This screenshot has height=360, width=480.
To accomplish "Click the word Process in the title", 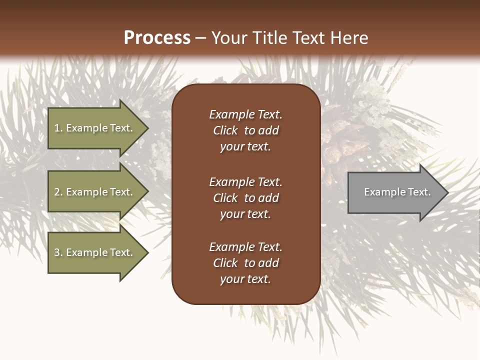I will [x=157, y=38].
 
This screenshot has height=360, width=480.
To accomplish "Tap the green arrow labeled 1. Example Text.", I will [x=95, y=128].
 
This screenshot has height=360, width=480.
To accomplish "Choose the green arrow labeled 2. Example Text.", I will [x=95, y=192].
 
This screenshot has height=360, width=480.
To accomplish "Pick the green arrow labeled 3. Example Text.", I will [x=95, y=252].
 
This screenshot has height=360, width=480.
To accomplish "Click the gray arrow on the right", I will [x=395, y=192].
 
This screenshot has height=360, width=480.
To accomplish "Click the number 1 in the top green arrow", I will [x=57, y=128].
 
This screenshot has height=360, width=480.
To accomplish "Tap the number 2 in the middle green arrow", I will [x=57, y=192].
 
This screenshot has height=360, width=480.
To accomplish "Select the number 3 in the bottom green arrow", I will [x=57, y=252].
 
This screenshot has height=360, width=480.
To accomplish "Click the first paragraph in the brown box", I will [x=245, y=130].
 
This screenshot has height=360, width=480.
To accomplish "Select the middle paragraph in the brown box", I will [x=245, y=198].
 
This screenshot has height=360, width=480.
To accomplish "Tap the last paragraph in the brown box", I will [x=245, y=263].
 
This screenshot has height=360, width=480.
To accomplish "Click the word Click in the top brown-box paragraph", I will [x=225, y=130].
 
